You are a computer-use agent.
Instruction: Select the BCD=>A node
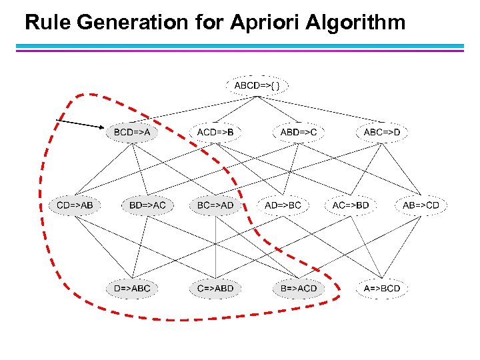tap(132, 133)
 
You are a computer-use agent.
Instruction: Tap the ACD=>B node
tap(215, 133)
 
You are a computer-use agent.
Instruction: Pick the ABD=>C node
tap(299, 133)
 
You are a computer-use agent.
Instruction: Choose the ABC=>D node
tap(382, 133)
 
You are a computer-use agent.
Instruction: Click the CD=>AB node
tap(75, 205)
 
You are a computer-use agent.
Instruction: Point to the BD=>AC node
tap(147, 205)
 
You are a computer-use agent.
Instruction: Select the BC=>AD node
tap(215, 205)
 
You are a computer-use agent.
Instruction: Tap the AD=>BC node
tap(283, 205)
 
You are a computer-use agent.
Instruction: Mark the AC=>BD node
tap(351, 205)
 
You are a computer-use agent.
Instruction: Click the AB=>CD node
tap(421, 205)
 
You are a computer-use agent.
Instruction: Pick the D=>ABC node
tap(132, 289)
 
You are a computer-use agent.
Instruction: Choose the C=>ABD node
tap(215, 289)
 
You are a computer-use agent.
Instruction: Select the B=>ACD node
tap(299, 289)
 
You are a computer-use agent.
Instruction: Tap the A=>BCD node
tap(382, 289)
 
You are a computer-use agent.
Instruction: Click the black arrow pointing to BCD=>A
tap(79, 123)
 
